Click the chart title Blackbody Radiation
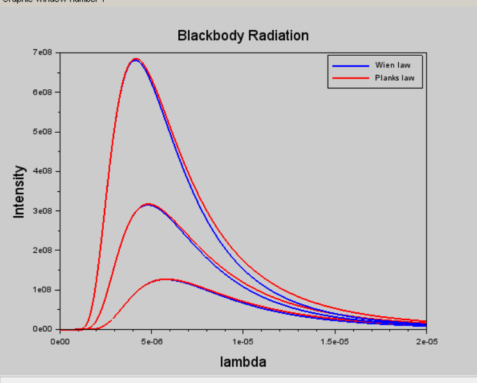tap(243, 36)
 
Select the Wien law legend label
tap(392, 65)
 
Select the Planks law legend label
tap(394, 78)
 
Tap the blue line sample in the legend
tap(350, 65)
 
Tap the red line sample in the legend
tap(350, 78)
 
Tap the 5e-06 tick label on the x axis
tap(151, 341)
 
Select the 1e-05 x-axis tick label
tap(243, 341)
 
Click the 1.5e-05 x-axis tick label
tap(335, 341)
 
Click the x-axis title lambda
tap(243, 362)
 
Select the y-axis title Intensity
tap(19, 191)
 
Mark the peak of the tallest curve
tap(135, 59)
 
